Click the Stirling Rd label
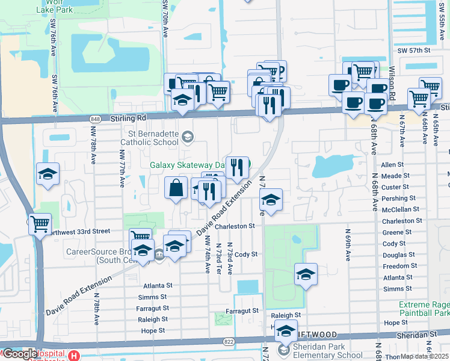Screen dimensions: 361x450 (x=128, y=119)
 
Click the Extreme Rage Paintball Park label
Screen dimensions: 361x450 (x=424, y=309)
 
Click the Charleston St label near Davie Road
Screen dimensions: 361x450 (x=235, y=226)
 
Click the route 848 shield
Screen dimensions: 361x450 (x=97, y=119)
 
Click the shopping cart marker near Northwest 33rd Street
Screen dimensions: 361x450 (x=40, y=224)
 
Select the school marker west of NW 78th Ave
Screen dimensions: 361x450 (x=48, y=174)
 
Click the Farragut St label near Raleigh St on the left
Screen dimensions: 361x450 (x=153, y=308)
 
